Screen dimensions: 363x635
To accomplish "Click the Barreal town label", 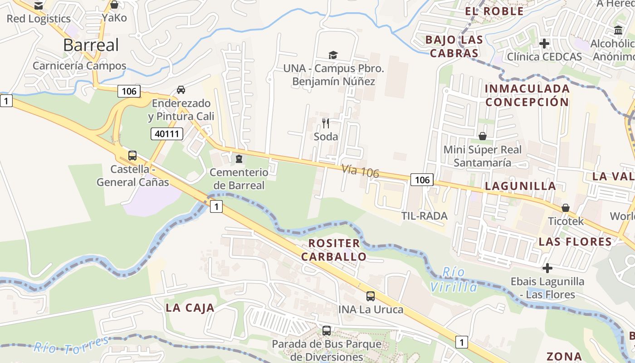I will tap(85, 45).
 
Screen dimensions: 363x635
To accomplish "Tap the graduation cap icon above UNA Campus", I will tap(333, 55).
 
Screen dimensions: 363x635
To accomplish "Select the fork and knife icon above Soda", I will tap(326, 123).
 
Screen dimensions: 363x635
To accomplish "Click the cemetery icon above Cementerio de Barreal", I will tap(239, 158).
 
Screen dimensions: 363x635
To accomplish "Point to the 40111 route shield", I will tap(166, 133).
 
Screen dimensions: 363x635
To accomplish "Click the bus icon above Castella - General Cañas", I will tap(132, 156).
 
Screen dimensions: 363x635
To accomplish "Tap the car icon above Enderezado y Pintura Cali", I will tap(181, 89).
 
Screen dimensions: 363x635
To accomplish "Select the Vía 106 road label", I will tap(360, 171).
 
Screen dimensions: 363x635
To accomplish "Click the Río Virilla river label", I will tap(453, 280).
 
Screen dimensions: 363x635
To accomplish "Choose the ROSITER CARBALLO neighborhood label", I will tap(334, 250).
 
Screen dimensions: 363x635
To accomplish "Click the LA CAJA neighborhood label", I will tap(190, 308).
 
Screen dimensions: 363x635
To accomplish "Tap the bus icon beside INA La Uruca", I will tap(371, 296).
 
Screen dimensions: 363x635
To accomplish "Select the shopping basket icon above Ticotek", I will tap(565, 208).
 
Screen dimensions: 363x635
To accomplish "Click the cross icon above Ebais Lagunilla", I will tap(547, 268).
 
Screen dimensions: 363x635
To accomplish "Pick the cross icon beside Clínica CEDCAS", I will tap(544, 44).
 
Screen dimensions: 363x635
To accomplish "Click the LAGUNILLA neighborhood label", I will tap(520, 186).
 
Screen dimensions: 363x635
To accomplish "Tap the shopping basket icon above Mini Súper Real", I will tap(483, 136).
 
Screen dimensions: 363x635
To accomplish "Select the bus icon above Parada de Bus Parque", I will tap(327, 330).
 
